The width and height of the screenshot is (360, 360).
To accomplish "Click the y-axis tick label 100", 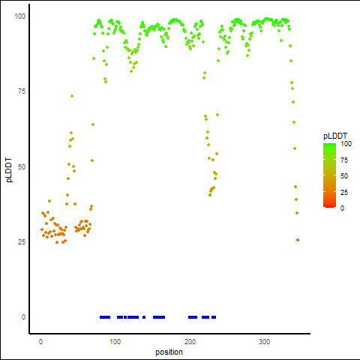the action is [20, 16].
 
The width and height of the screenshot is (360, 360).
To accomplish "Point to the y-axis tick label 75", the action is [22, 91].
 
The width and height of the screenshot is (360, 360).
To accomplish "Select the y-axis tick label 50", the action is [22, 166].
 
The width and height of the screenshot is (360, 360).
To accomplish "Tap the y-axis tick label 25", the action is [22, 241].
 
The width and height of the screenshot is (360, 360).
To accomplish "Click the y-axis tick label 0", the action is [23, 317].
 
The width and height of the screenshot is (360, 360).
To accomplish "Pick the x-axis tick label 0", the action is [40, 342].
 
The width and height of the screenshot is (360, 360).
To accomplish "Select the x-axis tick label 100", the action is [115, 342].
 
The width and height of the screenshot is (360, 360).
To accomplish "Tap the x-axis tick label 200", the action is [190, 342].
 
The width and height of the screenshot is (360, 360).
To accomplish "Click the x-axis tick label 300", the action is [265, 342].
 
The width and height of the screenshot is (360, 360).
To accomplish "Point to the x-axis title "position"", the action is [169, 352].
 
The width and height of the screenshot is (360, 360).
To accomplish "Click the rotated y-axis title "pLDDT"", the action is [9, 170].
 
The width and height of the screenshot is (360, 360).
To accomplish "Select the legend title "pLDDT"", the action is [335, 136].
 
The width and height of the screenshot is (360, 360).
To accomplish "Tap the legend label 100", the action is [346, 144].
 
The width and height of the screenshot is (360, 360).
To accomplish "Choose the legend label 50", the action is [344, 176].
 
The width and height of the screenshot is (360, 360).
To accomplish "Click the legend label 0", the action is [343, 208].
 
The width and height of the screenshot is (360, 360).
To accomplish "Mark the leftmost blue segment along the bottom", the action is [105, 317].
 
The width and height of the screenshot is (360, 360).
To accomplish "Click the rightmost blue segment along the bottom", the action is [214, 317].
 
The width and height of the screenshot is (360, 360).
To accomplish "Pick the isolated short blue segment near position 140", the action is [144, 317].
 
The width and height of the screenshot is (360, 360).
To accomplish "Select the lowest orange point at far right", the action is [298, 240].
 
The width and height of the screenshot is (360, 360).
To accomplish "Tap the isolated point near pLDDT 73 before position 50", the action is [72, 96].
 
